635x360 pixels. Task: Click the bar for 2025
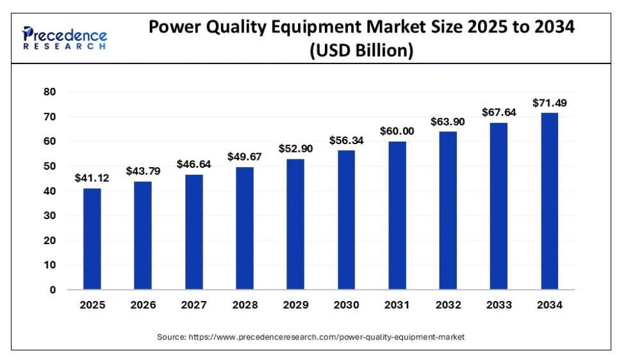coord(92,238)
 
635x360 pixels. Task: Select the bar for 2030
coord(346,220)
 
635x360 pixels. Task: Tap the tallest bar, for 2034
coord(549,201)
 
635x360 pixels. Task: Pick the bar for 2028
coord(245,228)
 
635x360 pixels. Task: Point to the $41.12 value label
coord(92,178)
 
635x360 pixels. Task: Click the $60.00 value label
coord(397,131)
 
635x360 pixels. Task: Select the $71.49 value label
coord(549,103)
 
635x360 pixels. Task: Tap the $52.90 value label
coord(295,149)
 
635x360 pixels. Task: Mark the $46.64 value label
coord(194,164)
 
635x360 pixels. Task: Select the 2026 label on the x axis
coord(143,306)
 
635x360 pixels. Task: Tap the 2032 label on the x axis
coord(448,306)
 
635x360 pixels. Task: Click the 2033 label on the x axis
coord(499,306)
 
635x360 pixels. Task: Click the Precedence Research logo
coord(64,38)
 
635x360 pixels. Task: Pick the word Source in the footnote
coord(171,336)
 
